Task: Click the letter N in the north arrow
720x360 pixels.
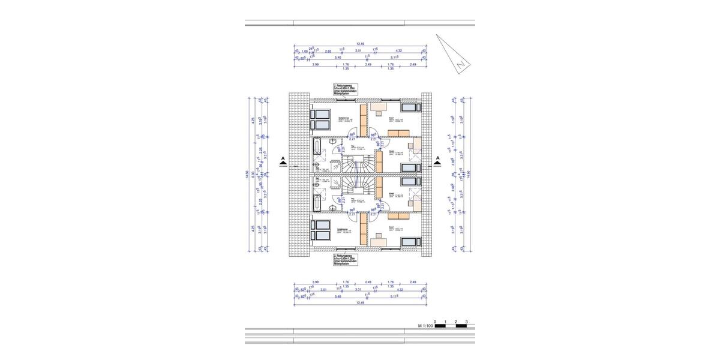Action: pos(458,64)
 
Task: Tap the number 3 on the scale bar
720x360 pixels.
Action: pos(466,322)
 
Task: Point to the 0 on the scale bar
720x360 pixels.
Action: pos(435,322)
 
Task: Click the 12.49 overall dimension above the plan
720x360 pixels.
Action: pos(360,43)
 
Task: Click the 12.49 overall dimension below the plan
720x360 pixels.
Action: pos(360,302)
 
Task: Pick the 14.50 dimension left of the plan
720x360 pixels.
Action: pos(247,174)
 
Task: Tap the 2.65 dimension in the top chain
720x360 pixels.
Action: pos(328,51)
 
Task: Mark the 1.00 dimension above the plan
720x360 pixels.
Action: pos(305,51)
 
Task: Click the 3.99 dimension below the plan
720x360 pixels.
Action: pos(316,281)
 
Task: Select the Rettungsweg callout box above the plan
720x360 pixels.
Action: pos(344,90)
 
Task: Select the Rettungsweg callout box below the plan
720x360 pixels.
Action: pos(344,259)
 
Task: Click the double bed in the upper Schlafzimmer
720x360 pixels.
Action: pos(322,119)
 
